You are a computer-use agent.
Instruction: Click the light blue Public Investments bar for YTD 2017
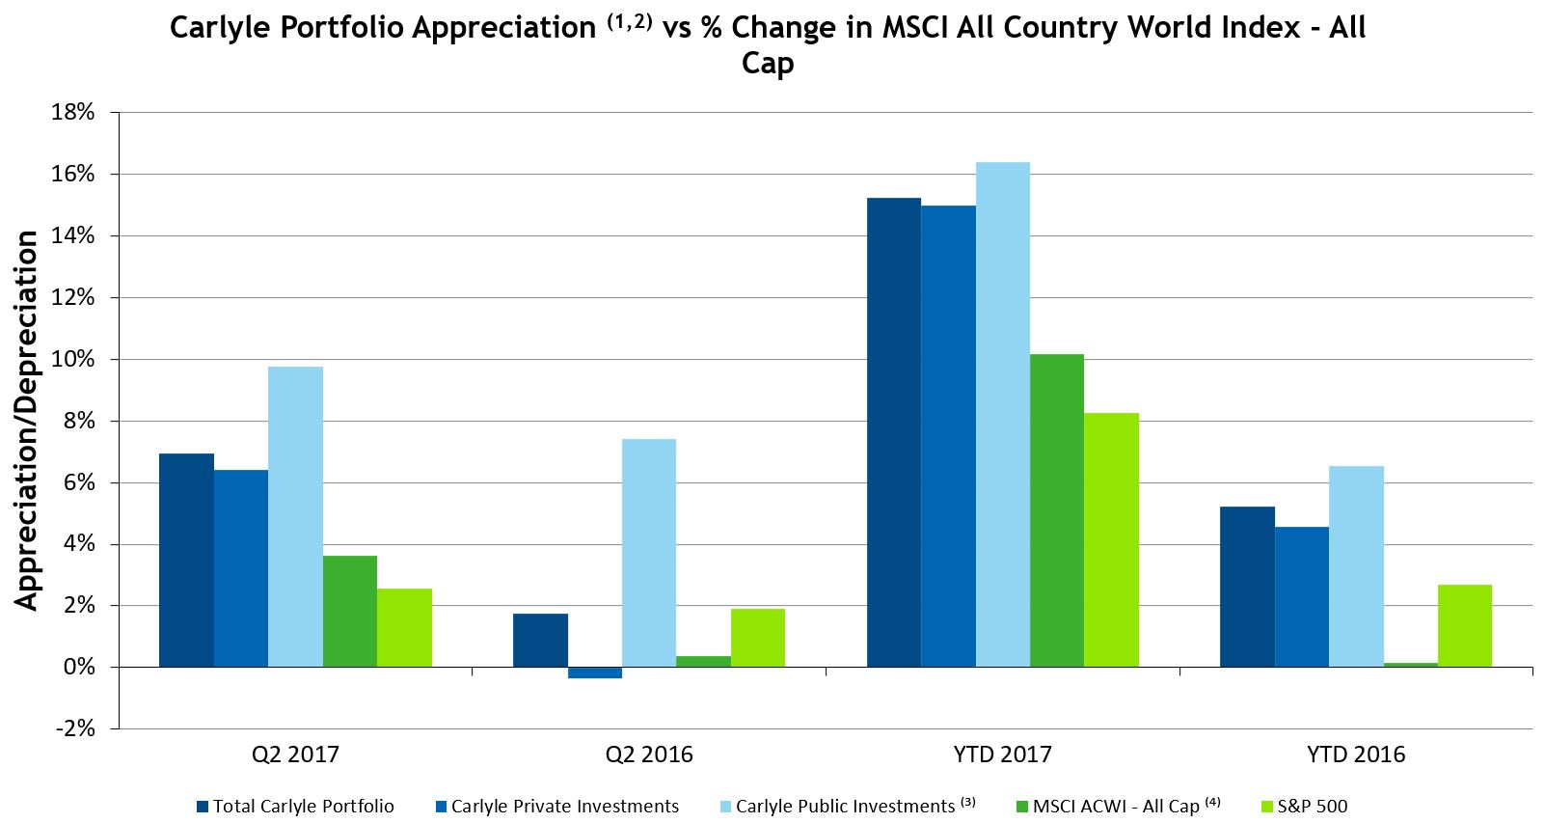click(x=1002, y=415)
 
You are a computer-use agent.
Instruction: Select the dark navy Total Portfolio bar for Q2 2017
click(x=186, y=561)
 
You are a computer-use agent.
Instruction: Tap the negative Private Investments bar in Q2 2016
click(x=595, y=672)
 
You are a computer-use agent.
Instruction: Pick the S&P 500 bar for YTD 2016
click(x=1464, y=625)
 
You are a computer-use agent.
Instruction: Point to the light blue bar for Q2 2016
click(x=649, y=553)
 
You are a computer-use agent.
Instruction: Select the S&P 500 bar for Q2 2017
click(x=404, y=627)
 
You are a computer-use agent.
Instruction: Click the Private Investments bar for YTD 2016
click(x=1301, y=596)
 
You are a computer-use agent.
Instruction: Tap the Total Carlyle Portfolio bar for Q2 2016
click(x=540, y=640)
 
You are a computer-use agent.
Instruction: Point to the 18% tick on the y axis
click(x=73, y=112)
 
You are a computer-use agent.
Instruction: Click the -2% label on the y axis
click(x=74, y=728)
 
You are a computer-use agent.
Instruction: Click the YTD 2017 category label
click(x=1003, y=754)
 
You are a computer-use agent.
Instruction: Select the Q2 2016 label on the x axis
click(x=649, y=754)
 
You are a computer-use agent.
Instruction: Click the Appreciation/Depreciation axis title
click(x=27, y=420)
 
